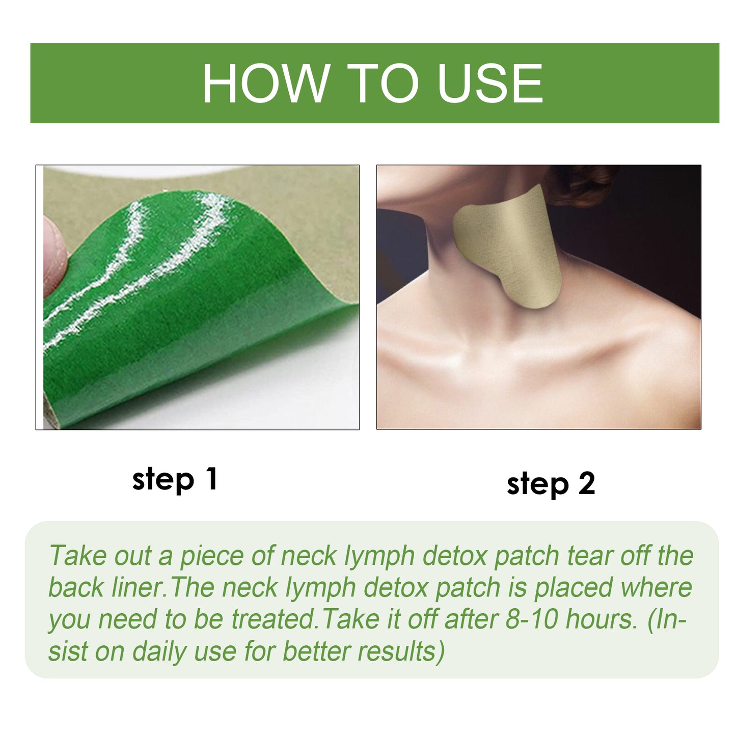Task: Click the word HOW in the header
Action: click(265, 84)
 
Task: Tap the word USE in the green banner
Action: click(489, 84)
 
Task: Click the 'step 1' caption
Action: click(175, 479)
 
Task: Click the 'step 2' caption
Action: click(551, 483)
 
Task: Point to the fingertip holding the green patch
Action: click(53, 255)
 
